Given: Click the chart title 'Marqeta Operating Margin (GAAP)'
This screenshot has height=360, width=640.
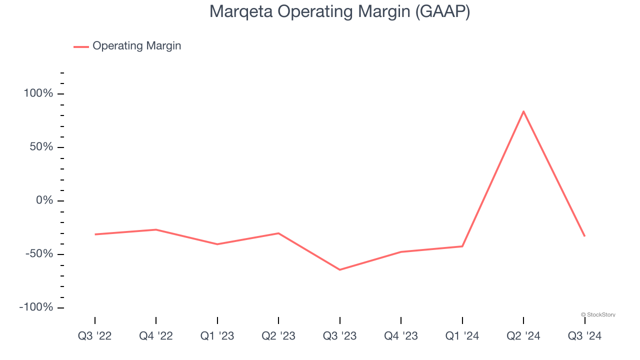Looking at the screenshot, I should [339, 12].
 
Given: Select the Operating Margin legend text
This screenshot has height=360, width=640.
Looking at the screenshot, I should [136, 46].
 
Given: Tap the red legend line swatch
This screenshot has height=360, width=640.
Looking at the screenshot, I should [81, 46].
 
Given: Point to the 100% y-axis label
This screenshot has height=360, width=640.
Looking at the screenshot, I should [38, 93].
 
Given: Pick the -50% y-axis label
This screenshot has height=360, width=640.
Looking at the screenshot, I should [39, 254].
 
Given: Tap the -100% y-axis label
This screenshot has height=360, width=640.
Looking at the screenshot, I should [36, 307].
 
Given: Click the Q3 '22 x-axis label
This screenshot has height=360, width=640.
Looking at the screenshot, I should [95, 336].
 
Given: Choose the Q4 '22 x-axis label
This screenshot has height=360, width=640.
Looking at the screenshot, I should [156, 336].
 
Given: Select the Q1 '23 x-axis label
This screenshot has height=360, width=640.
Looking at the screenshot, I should [217, 336].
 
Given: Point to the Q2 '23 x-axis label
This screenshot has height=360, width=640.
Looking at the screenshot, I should [278, 336].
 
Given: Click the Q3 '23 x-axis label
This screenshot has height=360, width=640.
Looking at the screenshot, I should [340, 336].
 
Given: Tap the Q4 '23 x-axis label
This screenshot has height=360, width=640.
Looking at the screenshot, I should [401, 336].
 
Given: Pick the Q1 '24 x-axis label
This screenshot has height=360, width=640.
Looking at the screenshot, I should [462, 336].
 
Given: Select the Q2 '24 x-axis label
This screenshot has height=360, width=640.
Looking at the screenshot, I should [523, 336].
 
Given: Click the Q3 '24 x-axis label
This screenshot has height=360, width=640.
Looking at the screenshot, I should [584, 336].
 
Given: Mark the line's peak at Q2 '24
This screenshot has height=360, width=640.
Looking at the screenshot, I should [523, 111].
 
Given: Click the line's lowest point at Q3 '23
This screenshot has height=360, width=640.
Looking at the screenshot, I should [340, 270].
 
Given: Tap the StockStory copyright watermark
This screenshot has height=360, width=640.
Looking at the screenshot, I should [598, 314].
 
